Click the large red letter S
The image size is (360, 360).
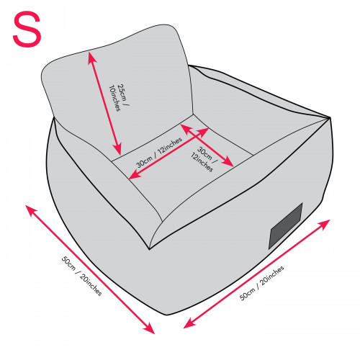point(27,29)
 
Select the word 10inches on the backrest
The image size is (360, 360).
point(114,98)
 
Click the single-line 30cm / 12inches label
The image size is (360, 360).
point(159,152)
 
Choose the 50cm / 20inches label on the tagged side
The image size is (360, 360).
point(262,283)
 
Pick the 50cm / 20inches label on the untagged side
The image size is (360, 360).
point(81,276)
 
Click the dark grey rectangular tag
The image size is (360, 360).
point(285,226)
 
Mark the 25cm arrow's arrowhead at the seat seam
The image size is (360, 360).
point(118,150)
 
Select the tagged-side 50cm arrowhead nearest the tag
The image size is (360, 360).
point(325,224)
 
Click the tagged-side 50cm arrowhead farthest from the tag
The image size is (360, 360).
point(188,325)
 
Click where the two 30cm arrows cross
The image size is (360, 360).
point(197,135)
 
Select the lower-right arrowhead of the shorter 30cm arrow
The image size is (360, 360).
point(229,163)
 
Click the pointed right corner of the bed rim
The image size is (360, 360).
point(330,117)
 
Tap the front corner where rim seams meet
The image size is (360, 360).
point(149,249)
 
